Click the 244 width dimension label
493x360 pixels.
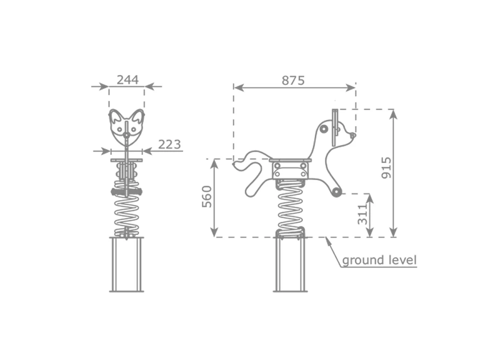click(x=127, y=80)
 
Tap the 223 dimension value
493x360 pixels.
click(x=169, y=145)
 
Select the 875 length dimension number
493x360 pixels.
click(x=293, y=81)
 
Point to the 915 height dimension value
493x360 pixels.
click(x=386, y=168)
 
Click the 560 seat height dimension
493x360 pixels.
click(x=207, y=197)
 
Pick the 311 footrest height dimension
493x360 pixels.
click(x=363, y=214)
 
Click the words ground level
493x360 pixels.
click(x=379, y=260)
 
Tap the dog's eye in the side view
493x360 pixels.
click(x=324, y=129)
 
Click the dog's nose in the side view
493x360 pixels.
click(x=354, y=135)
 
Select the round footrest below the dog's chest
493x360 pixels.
click(x=336, y=192)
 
